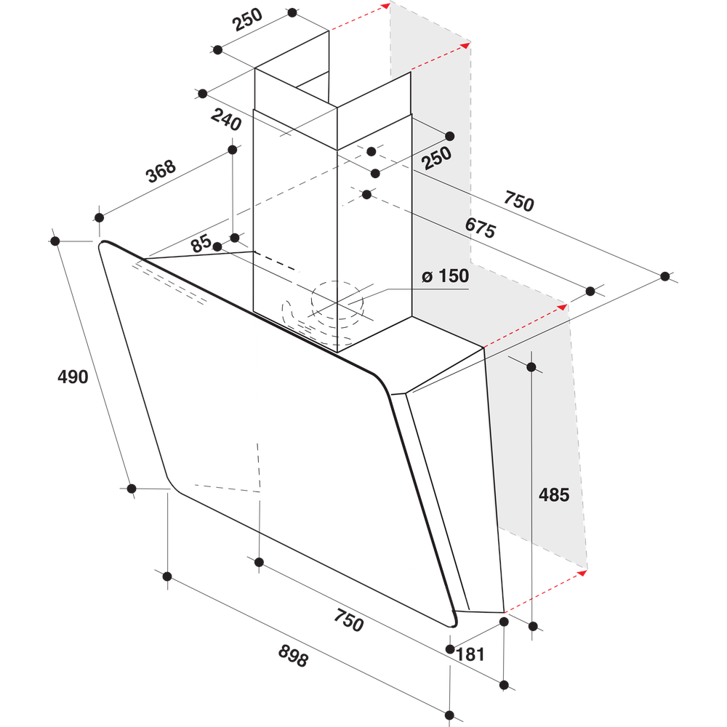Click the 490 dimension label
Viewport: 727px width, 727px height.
pyautogui.click(x=73, y=377)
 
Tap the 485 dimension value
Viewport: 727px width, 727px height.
pyautogui.click(x=554, y=495)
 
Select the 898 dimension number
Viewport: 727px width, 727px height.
pyautogui.click(x=293, y=656)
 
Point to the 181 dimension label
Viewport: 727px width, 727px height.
pyautogui.click(x=470, y=654)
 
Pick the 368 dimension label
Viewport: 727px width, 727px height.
pyautogui.click(x=161, y=172)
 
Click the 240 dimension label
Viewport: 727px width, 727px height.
pyautogui.click(x=225, y=119)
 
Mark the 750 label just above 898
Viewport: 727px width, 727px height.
pyautogui.click(x=348, y=620)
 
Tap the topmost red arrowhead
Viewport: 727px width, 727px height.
pyautogui.click(x=385, y=6)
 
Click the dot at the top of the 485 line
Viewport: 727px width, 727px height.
pyautogui.click(x=531, y=367)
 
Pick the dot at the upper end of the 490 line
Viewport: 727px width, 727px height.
pyautogui.click(x=55, y=241)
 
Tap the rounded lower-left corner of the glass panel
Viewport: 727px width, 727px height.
pyautogui.click(x=171, y=484)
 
